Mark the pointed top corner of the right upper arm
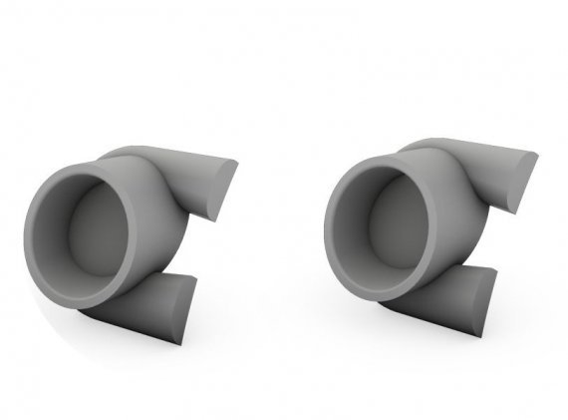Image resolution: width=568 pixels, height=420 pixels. coord(536,154)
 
